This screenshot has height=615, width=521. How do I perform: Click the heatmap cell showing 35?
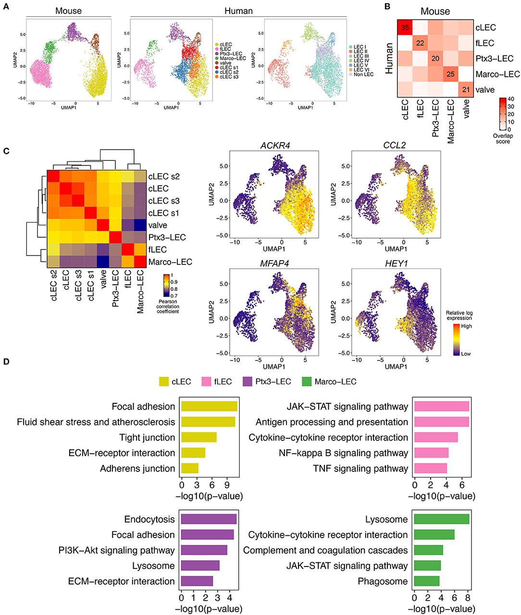click(x=405, y=27)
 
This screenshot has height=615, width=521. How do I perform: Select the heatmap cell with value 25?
click(x=450, y=74)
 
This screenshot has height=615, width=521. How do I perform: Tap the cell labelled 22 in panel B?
click(x=421, y=43)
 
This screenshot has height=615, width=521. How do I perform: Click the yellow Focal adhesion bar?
click(x=209, y=407)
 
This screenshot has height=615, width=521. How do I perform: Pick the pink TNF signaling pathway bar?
click(x=431, y=469)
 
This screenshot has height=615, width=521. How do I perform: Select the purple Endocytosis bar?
click(x=209, y=519)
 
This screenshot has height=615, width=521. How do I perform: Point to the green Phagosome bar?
click(x=427, y=581)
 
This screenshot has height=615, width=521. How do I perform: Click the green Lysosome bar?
click(x=442, y=519)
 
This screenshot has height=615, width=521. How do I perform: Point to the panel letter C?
click(x=6, y=151)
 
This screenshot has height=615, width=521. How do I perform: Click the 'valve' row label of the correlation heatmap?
click(x=158, y=225)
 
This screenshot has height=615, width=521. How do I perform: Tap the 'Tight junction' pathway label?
click(x=147, y=437)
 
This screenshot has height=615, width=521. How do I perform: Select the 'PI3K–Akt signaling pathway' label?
click(x=116, y=550)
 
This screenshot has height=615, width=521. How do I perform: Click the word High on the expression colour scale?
click(x=466, y=326)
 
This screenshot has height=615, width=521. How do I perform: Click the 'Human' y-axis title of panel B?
click(x=389, y=58)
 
